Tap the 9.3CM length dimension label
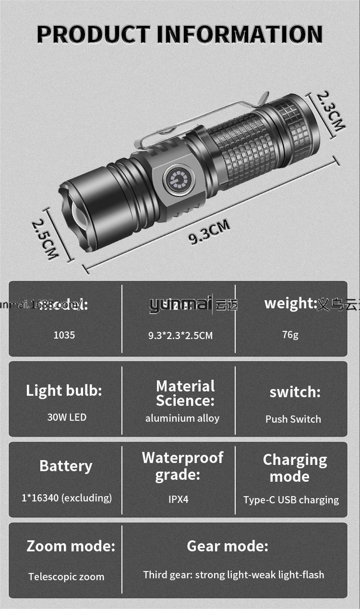coord(209,232)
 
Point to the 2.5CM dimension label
coord(45,239)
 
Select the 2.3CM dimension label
coord(331,111)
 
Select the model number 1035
coord(64,335)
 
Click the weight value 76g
coord(290,334)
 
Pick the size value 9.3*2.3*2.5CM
coord(180,335)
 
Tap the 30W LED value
coord(67,417)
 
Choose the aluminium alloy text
coord(182,418)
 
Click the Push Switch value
coord(293,419)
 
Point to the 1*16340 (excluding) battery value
coord(67,498)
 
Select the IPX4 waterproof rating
coord(179,499)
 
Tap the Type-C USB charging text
coord(291,500)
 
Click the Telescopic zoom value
coord(66,577)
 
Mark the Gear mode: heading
coord(228,546)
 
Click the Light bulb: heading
coord(64,390)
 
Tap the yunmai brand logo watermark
coord(180,304)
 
